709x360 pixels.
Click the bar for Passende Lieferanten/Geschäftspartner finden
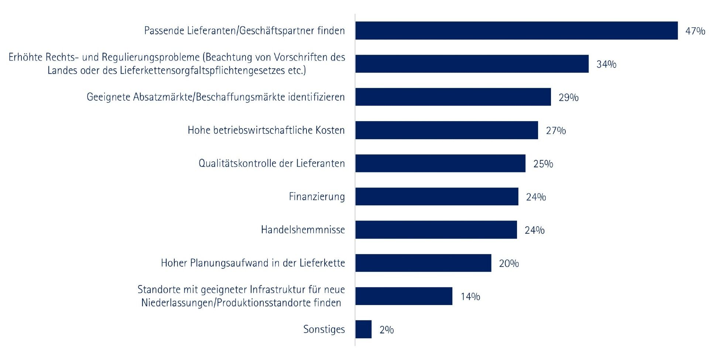516,31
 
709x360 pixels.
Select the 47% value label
695,31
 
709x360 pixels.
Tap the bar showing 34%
472,64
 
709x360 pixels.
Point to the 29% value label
568,97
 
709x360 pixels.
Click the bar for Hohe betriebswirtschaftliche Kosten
446,130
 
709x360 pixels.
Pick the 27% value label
556,131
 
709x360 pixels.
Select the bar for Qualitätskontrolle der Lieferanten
440,163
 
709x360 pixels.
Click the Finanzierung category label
316,197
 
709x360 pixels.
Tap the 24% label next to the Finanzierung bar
536,197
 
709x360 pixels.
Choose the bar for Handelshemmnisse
436,230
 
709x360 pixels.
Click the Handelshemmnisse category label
303,230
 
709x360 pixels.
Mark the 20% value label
509,263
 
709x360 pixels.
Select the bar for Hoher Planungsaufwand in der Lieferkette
423,263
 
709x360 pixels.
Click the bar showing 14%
404,296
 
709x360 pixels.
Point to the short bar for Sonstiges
363,329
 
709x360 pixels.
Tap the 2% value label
386,330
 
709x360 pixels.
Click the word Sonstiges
324,329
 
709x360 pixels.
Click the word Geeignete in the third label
108,97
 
